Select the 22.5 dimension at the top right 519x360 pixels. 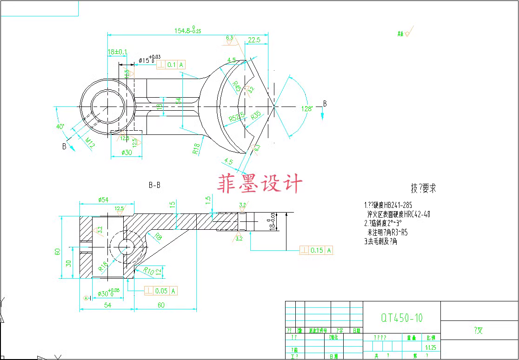click(x=254, y=40)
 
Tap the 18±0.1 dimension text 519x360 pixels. click(x=118, y=52)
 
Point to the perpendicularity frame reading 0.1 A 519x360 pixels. click(x=171, y=65)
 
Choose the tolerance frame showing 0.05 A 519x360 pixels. click(x=161, y=291)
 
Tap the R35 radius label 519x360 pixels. click(x=256, y=115)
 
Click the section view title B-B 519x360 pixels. click(x=154, y=185)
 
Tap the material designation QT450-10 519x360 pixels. click(x=402, y=318)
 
